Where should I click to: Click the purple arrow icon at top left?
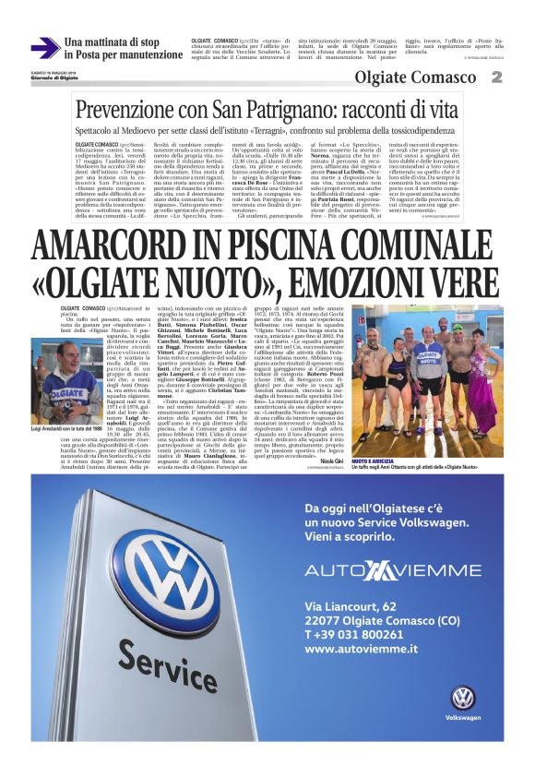click(44, 48)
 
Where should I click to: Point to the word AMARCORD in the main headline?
click(120, 246)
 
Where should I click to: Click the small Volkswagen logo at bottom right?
click(462, 698)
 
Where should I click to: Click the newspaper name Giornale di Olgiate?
click(57, 76)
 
